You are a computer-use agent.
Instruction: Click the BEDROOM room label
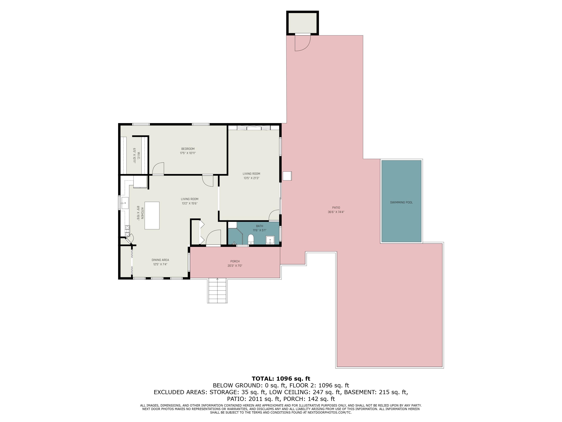pyautogui.click(x=188, y=149)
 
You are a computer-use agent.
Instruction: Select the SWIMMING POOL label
pyautogui.click(x=401, y=203)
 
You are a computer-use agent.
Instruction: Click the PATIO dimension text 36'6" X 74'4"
pyautogui.click(x=336, y=212)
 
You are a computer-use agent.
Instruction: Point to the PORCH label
pyautogui.click(x=235, y=261)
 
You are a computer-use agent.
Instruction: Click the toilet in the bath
pyautogui.click(x=251, y=239)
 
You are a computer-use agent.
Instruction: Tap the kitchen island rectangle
pyautogui.click(x=152, y=216)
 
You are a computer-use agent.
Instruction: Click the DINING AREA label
pyautogui.click(x=160, y=260)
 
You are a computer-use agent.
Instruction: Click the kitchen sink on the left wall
pyautogui.click(x=125, y=203)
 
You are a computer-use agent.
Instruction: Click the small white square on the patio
pyautogui.click(x=287, y=176)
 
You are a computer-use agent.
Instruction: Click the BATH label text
pyautogui.click(x=259, y=226)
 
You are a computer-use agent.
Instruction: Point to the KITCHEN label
pyautogui.click(x=142, y=213)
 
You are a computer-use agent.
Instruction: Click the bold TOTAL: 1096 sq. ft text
pyautogui.click(x=281, y=378)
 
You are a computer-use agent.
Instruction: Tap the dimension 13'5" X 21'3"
pyautogui.click(x=251, y=178)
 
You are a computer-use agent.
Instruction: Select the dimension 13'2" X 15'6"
pyautogui.click(x=190, y=203)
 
